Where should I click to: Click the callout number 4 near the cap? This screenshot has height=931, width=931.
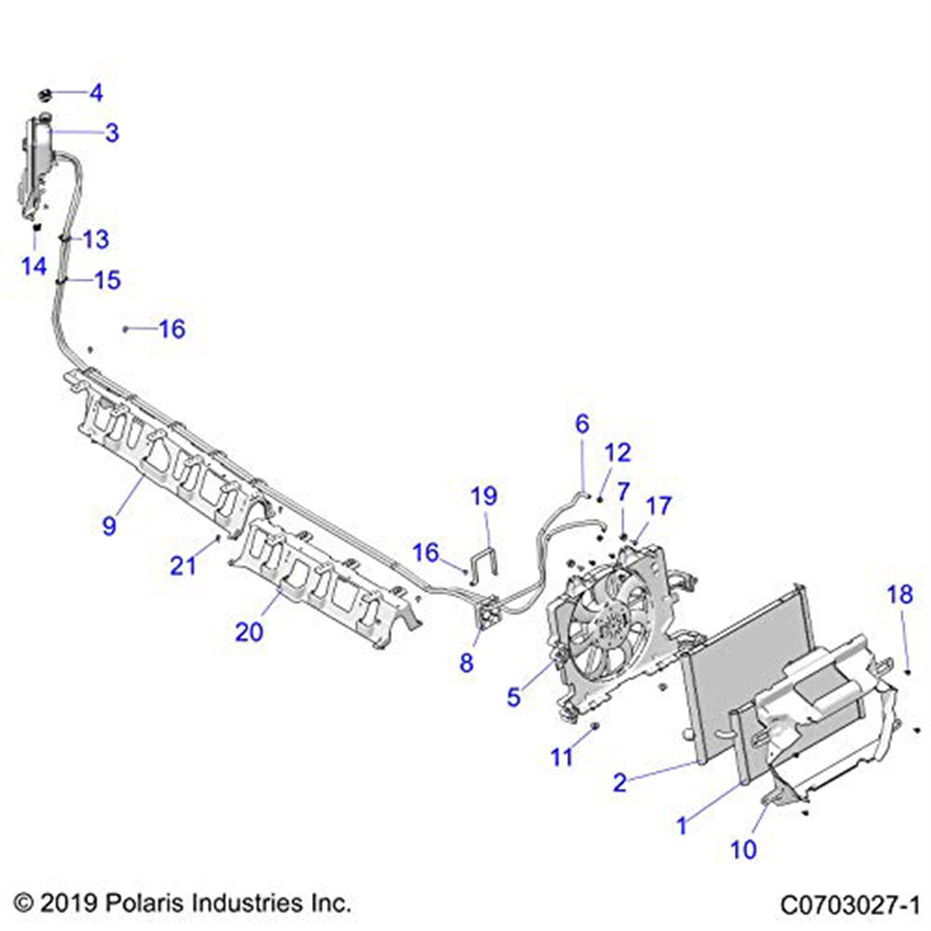tap(96, 93)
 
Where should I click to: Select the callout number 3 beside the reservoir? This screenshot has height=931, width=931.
tap(112, 133)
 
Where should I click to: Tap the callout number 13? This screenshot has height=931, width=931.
tap(96, 239)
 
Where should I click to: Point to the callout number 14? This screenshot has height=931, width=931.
tap(34, 266)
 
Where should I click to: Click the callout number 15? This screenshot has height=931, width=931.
tap(109, 280)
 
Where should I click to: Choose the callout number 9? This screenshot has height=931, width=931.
tap(110, 526)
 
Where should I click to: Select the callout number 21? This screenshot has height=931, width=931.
tap(183, 564)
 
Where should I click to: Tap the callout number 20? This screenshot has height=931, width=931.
tap(250, 631)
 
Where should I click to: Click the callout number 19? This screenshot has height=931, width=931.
tap(484, 495)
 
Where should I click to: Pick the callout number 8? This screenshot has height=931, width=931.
tap(466, 663)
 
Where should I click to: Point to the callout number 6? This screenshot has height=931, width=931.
tap(583, 425)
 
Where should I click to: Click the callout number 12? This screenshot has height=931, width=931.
tap(618, 453)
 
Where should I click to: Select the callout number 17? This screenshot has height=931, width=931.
tap(658, 507)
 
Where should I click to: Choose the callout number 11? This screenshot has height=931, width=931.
tap(561, 758)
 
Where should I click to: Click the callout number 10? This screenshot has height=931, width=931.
tap(745, 848)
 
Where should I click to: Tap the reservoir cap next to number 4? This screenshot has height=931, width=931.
tap(45, 93)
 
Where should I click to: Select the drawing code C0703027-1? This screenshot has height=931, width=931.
tap(851, 903)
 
